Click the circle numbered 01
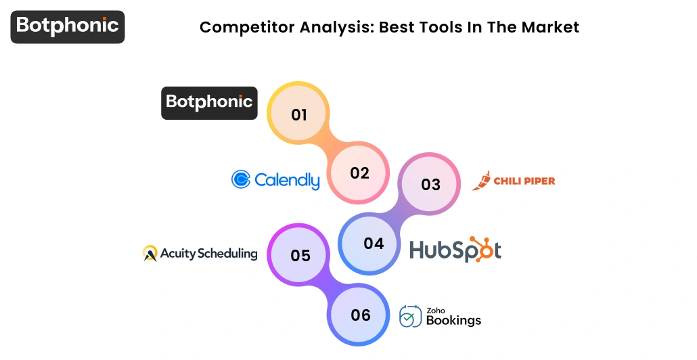pyautogui.click(x=298, y=114)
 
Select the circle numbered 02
pyautogui.click(x=359, y=173)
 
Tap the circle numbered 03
pyautogui.click(x=430, y=184)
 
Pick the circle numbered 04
pyautogui.click(x=374, y=243)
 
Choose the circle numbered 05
pyautogui.click(x=300, y=255)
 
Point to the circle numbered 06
pyautogui.click(x=361, y=315)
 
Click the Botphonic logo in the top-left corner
pyautogui.click(x=68, y=26)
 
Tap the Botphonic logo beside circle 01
pyautogui.click(x=209, y=102)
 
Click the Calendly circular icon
pyautogui.click(x=241, y=179)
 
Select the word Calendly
pyautogui.click(x=287, y=180)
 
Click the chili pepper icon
pyautogui.click(x=482, y=181)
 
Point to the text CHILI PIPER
pyautogui.click(x=524, y=181)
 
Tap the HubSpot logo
pyautogui.click(x=455, y=250)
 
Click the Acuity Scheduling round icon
pyautogui.click(x=150, y=254)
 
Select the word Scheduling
pyautogui.click(x=227, y=254)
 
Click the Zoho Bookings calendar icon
pyautogui.click(x=410, y=316)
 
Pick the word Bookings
pyautogui.click(x=453, y=320)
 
